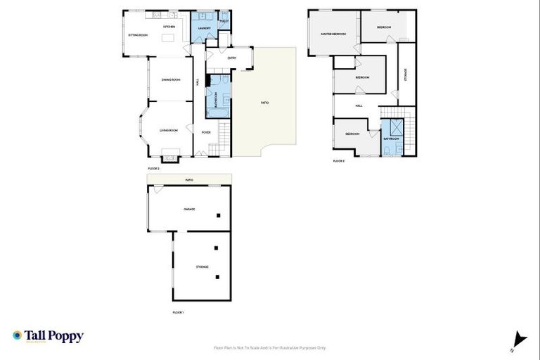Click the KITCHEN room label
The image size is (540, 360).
[169, 27]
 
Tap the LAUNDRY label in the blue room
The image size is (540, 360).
[204, 28]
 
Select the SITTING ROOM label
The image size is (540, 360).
[137, 34]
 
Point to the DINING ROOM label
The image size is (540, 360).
[171, 79]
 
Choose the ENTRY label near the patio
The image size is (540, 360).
[232, 58]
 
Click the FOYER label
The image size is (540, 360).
[206, 132]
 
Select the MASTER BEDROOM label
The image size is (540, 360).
[333, 33]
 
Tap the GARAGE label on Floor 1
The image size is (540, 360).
[189, 209]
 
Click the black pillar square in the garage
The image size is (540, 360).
[219, 215]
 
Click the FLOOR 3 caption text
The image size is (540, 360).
[338, 161]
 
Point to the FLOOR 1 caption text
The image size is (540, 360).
[177, 311]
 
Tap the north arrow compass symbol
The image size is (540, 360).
[519, 340]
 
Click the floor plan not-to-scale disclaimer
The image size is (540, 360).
[270, 347]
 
